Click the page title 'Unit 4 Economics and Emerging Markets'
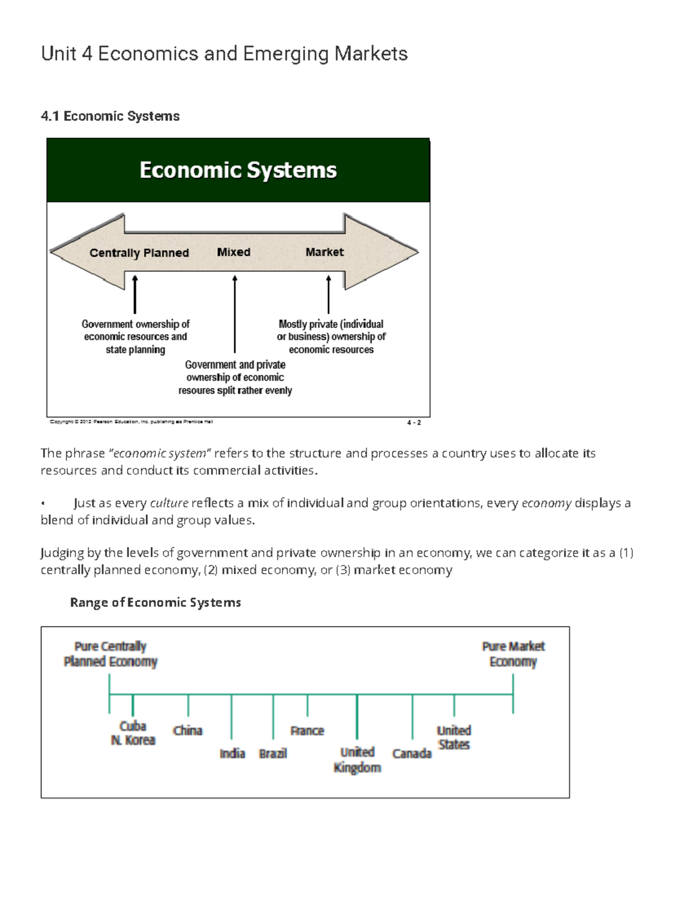[x=224, y=54]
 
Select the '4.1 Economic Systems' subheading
[x=110, y=116]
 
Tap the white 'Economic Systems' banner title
[x=238, y=170]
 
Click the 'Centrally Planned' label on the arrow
[x=139, y=253]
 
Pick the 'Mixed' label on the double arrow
[x=233, y=252]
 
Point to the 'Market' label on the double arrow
[x=325, y=252]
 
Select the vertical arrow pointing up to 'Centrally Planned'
[x=135, y=295]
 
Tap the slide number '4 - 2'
[x=413, y=422]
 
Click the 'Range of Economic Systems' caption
[x=155, y=602]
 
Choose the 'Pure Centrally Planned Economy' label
[x=110, y=654]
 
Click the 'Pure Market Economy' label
[x=513, y=654]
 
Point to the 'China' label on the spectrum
[x=188, y=731]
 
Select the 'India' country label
[x=232, y=753]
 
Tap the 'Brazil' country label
[x=273, y=753]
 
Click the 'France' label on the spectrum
[x=307, y=731]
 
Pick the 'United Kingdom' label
[x=357, y=760]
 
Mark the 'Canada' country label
[x=412, y=753]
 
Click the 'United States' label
[x=454, y=738]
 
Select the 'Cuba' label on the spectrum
[x=133, y=726]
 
